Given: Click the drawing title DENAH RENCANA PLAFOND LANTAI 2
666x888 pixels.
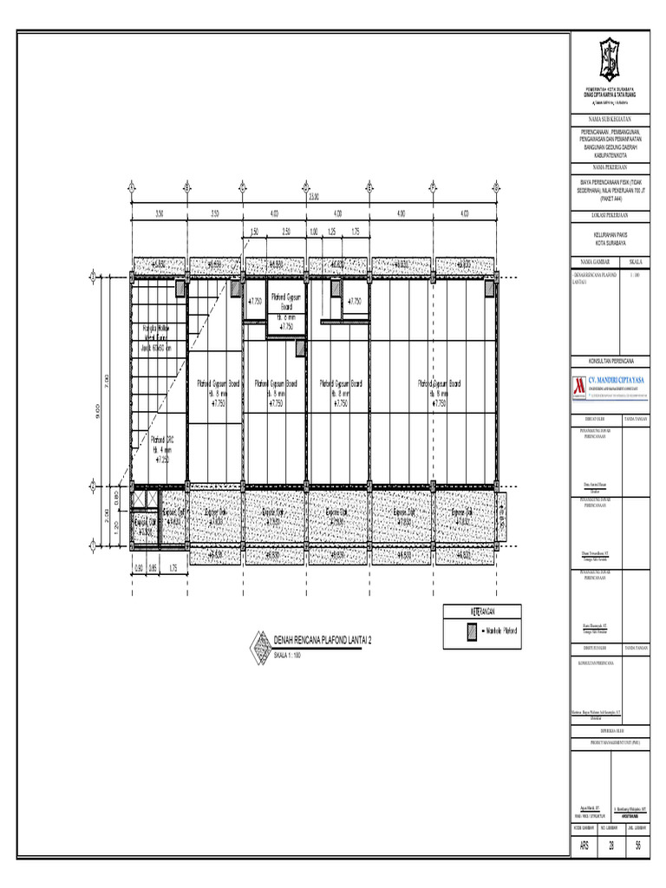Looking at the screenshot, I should (x=322, y=641).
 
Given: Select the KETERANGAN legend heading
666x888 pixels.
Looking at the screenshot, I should (x=482, y=611).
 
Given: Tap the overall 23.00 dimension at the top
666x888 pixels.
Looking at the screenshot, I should (x=313, y=195).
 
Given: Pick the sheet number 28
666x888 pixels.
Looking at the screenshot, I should (x=611, y=847).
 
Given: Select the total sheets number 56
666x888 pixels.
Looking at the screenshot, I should (x=638, y=847).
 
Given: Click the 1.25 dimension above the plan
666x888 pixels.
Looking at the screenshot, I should (x=330, y=232).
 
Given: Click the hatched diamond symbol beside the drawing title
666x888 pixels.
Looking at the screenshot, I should (x=259, y=645).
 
